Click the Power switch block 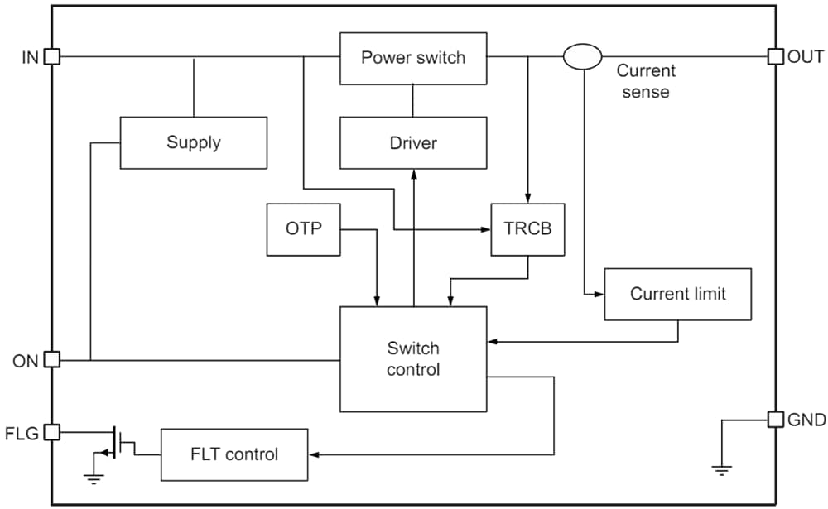pos(413,58)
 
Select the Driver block pos(413,143)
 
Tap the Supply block pos(194,142)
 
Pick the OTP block pos(303,229)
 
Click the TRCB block pos(528,229)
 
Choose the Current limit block pos(677,294)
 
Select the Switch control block pos(413,358)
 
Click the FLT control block pos(234,454)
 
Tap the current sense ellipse pos(583,56)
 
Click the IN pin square pos(51,56)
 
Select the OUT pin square pos(776,56)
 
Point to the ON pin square pos(51,360)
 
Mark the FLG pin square pos(51,431)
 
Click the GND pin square pos(776,420)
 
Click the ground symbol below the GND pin pos(722,470)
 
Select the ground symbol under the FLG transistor pos(93,475)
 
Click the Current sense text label pos(645,81)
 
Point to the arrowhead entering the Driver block pos(413,175)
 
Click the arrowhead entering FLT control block pos(313,454)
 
